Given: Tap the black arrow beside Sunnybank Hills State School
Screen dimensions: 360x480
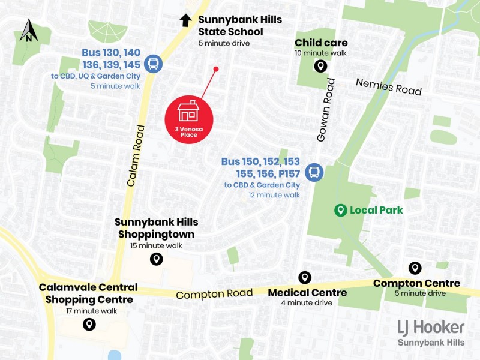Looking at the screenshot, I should click(x=185, y=20).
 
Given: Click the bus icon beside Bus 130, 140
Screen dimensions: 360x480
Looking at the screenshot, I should click(x=153, y=64).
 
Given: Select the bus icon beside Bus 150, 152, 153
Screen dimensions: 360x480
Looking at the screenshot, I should click(x=313, y=173).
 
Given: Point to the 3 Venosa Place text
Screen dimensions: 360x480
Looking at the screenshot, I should click(x=188, y=132).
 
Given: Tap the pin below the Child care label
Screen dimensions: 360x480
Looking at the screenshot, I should click(x=321, y=66).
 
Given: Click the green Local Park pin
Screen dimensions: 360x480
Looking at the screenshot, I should click(x=340, y=210).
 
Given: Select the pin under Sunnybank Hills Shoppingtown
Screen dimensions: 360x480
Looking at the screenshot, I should click(x=156, y=259).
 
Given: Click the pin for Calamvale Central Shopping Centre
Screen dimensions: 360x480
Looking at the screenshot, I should click(x=89, y=325).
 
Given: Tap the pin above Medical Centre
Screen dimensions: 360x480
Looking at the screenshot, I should click(x=305, y=277).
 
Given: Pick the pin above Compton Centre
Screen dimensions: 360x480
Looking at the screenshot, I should click(x=414, y=268).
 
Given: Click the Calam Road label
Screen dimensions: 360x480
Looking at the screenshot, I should click(x=137, y=155).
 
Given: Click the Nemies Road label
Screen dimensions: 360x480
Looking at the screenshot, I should click(x=388, y=86).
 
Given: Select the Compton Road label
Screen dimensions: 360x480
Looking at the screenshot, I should click(x=214, y=294).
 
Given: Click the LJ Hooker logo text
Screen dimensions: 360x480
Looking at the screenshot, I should click(x=431, y=327).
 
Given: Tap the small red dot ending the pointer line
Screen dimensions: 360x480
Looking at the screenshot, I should click(x=216, y=70).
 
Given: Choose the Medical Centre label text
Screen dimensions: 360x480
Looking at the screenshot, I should click(x=307, y=293).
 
